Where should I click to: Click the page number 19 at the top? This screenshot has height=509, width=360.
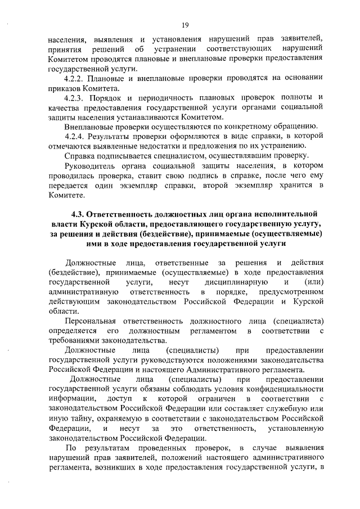point(184,24)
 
